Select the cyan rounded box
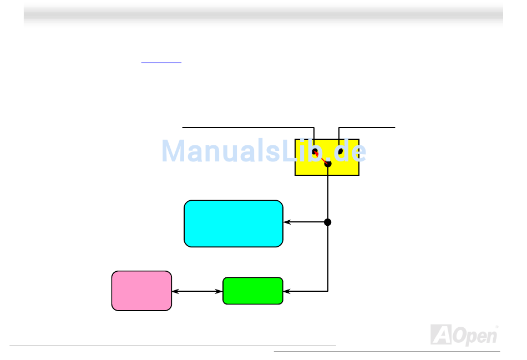[233, 223]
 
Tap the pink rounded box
[141, 291]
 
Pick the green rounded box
[252, 291]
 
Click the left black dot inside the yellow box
[315, 151]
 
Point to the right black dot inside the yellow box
[340, 151]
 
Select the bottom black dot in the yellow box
[328, 164]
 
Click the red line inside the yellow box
[321, 158]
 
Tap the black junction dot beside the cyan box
[328, 222]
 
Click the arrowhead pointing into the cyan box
[287, 222]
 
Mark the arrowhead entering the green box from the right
[287, 291]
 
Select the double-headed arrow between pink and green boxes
[197, 291]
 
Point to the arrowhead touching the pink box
[175, 291]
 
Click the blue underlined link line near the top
[161, 63]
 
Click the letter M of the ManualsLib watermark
[174, 151]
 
